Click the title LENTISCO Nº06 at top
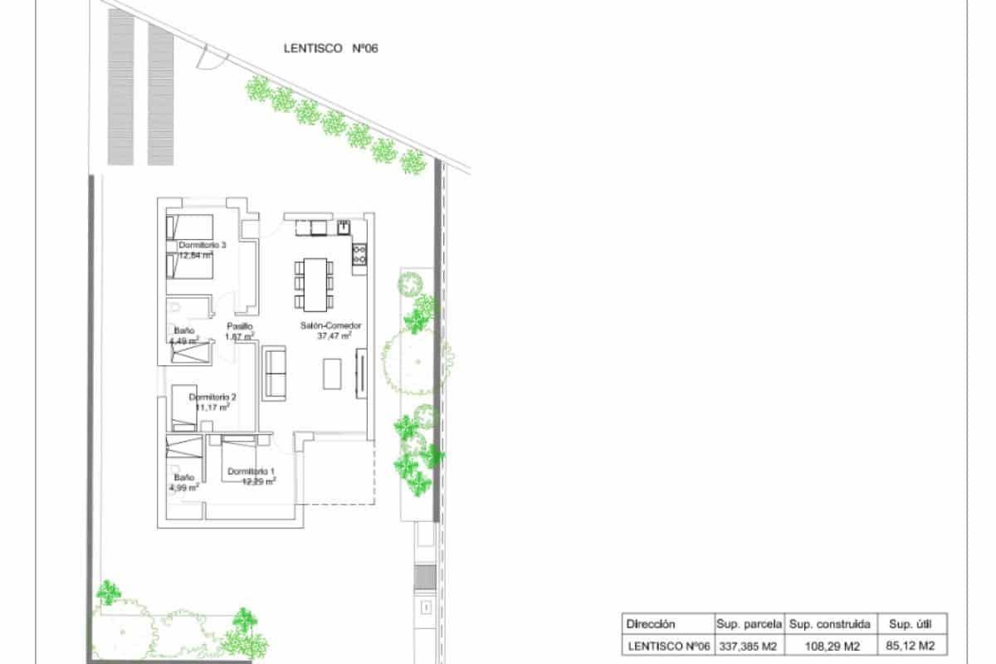point(330,49)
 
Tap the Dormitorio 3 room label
point(203,246)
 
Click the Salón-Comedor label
point(331,326)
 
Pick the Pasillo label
point(239,326)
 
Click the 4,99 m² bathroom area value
point(184,488)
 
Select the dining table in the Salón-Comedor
point(315,281)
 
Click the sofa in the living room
point(275,374)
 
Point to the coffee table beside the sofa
point(332,373)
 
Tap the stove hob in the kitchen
point(359,255)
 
